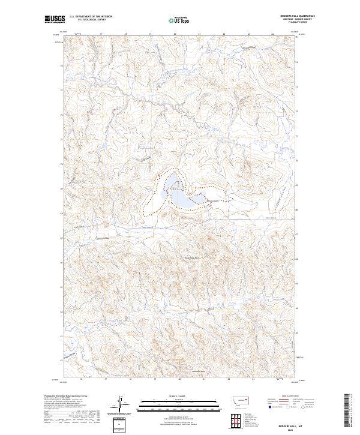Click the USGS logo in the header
[55, 19]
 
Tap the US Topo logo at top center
[175, 20]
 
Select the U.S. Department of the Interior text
[91, 16]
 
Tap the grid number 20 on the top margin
[175, 34]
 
